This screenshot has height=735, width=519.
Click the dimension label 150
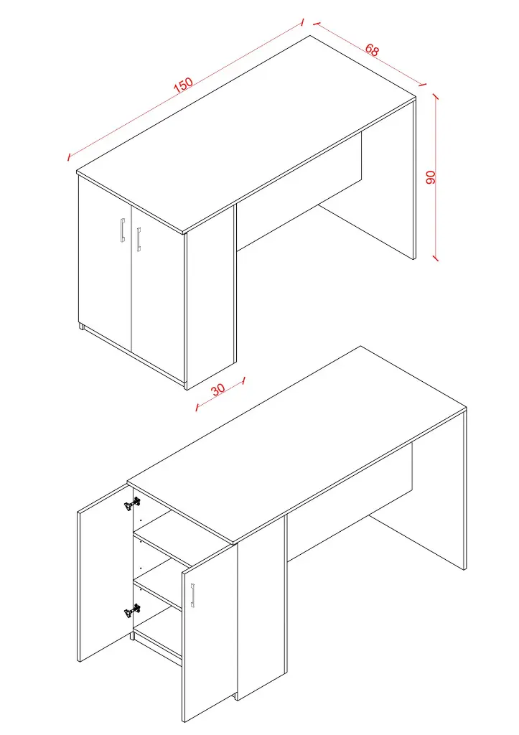point(184,84)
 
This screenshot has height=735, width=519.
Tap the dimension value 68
point(372,50)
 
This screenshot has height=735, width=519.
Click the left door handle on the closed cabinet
point(123,231)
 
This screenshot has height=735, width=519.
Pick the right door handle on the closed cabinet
point(139,239)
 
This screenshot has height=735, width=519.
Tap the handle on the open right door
point(193,596)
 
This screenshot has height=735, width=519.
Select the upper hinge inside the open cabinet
point(130,505)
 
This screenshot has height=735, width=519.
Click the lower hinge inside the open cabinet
point(130,611)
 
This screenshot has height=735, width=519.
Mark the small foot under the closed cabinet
point(81,327)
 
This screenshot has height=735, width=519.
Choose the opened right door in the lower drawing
point(208,639)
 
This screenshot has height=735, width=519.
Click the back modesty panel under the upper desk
point(298,194)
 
